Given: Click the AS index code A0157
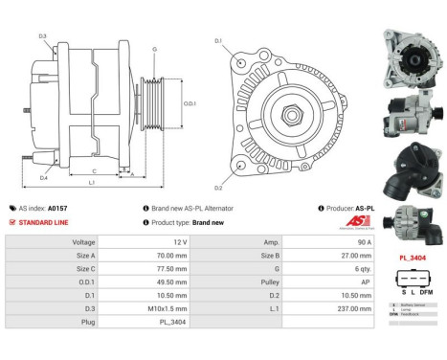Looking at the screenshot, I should [x=58, y=208].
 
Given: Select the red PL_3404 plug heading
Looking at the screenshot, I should [x=413, y=258].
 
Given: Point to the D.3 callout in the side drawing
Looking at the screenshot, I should [x=43, y=36].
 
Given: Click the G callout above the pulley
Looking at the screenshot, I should [x=154, y=49].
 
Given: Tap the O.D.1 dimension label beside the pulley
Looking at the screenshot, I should [x=190, y=103].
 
